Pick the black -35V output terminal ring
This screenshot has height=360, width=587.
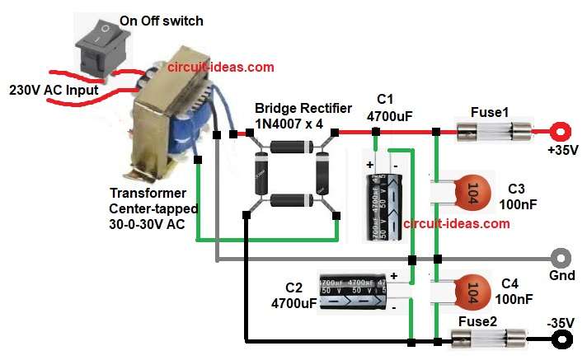[x=563, y=337]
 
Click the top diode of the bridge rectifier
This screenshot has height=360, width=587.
[x=289, y=147]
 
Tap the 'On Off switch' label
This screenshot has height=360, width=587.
[x=161, y=21]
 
